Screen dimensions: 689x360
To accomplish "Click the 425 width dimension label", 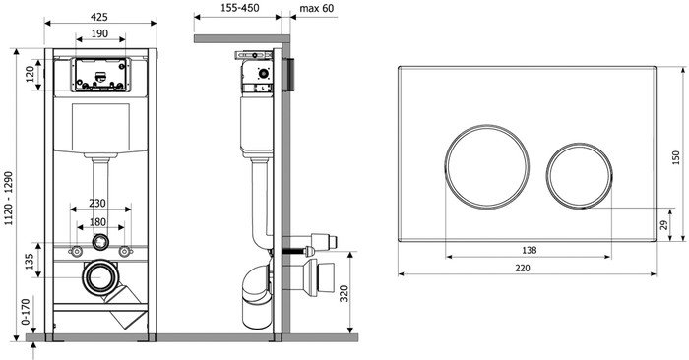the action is click(99, 17).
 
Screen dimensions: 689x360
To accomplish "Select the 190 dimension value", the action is click(99, 33).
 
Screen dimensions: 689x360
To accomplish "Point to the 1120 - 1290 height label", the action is click(8, 199).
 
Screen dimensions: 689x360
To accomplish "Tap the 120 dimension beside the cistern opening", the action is click(30, 74).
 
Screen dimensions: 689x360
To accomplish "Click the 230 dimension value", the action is click(97, 204).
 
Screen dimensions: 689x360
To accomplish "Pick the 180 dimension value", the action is click(97, 222).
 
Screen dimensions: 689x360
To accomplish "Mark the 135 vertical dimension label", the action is click(30, 262).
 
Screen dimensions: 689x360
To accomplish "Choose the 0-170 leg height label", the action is click(26, 312).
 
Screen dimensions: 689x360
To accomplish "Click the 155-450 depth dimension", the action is click(240, 8).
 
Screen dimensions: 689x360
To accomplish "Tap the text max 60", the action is click(316, 8).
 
